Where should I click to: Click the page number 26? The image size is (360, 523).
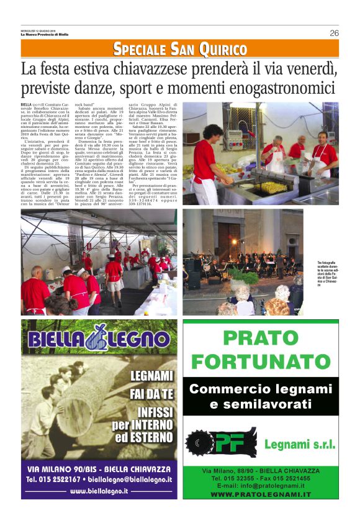334,33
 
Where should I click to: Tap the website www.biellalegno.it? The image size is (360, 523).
99,491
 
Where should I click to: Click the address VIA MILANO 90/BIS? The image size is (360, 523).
62,468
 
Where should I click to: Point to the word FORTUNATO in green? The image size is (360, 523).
261,361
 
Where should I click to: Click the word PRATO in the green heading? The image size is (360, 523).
261,339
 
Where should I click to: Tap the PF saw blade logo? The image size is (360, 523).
222,443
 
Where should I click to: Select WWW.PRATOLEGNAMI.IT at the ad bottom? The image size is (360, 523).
261,494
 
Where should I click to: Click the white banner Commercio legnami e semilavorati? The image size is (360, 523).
261,397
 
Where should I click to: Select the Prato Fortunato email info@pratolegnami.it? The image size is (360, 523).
261,486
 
